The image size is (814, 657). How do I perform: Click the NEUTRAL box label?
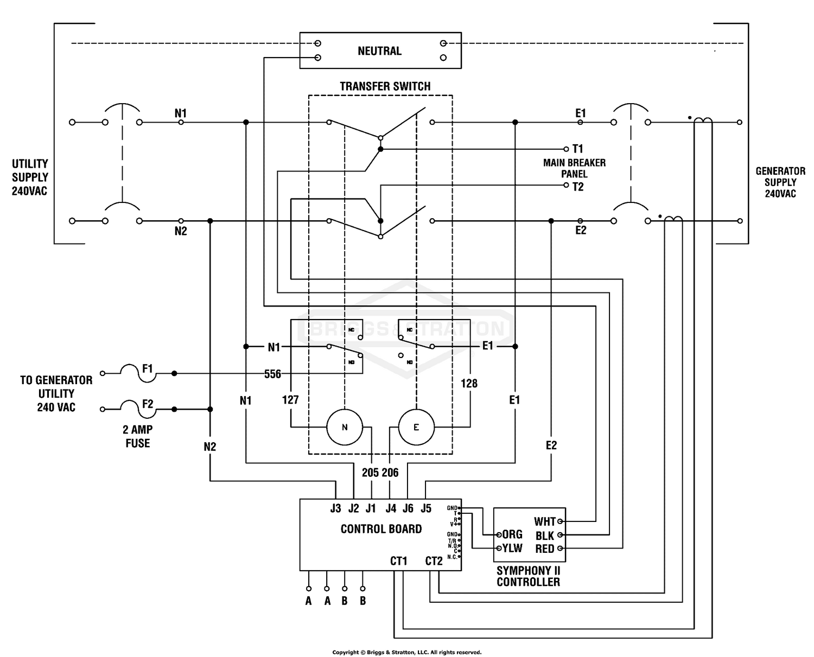tap(379, 51)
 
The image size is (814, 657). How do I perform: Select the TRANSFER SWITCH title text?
tap(385, 86)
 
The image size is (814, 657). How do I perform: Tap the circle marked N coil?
tap(345, 427)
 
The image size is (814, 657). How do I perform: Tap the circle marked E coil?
tap(416, 427)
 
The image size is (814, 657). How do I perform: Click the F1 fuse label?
tap(148, 368)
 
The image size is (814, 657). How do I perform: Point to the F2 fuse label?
tap(148, 404)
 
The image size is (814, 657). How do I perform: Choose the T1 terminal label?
tap(577, 149)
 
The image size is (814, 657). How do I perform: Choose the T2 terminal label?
tap(577, 187)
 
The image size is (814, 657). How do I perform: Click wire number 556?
tap(272, 374)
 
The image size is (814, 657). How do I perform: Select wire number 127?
tap(290, 400)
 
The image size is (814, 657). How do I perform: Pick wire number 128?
tap(469, 384)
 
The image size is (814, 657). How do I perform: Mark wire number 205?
tap(370, 473)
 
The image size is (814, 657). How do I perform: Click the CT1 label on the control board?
tap(399, 561)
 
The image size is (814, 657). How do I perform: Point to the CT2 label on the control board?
tap(434, 561)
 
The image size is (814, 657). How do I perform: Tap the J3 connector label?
tap(335, 508)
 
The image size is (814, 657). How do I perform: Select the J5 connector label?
tap(426, 508)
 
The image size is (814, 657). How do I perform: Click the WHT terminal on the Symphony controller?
tap(545, 521)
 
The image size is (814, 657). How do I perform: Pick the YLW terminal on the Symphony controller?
tap(512, 548)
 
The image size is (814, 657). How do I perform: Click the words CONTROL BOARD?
tap(381, 529)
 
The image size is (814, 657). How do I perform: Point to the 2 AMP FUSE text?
tap(137, 436)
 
